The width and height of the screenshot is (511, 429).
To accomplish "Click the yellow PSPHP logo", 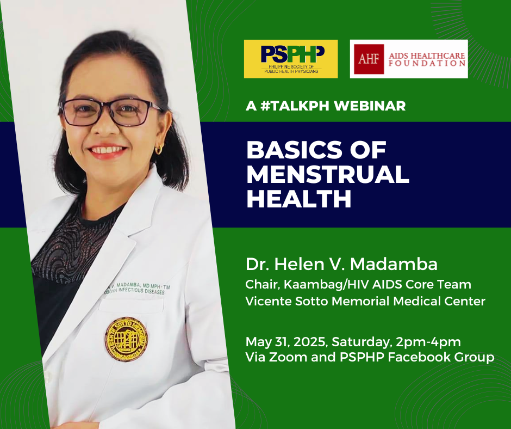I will click(290, 58).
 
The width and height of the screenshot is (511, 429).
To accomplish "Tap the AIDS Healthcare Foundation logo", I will click(408, 59).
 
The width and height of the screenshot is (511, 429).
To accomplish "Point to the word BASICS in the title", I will click(292, 150).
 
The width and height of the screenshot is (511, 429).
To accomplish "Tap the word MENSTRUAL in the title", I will click(328, 174).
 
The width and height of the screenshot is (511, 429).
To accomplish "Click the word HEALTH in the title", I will click(299, 199).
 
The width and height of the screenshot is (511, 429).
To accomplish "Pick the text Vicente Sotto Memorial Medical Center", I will click(365, 301).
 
